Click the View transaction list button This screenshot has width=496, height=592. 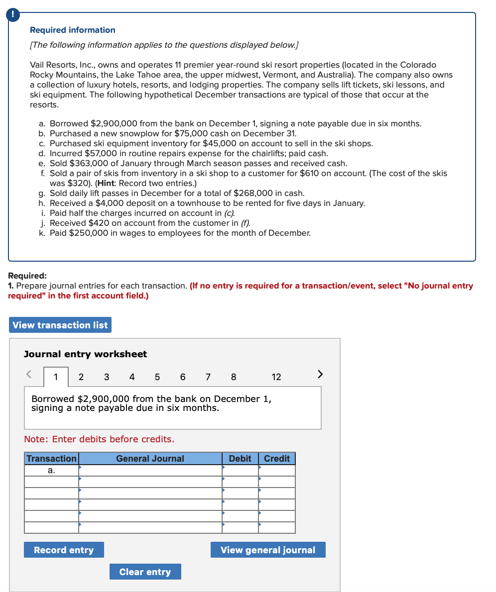(x=60, y=325)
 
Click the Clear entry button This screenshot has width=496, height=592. (x=145, y=572)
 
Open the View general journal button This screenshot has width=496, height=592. (x=268, y=550)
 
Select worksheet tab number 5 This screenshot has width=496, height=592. (x=157, y=377)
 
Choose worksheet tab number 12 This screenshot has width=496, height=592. (x=276, y=377)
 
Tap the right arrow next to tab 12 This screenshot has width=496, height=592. (x=320, y=374)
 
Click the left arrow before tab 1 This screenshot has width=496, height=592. (x=29, y=374)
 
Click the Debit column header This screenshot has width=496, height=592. (x=240, y=459)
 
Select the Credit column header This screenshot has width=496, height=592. (x=277, y=459)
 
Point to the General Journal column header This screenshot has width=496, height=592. (x=150, y=459)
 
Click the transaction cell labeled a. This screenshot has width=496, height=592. (x=51, y=470)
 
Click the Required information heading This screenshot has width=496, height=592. (x=73, y=30)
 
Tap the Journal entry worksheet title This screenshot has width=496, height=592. (x=86, y=354)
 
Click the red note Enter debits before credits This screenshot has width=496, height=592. (x=99, y=439)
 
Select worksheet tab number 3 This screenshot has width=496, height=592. (x=107, y=377)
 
